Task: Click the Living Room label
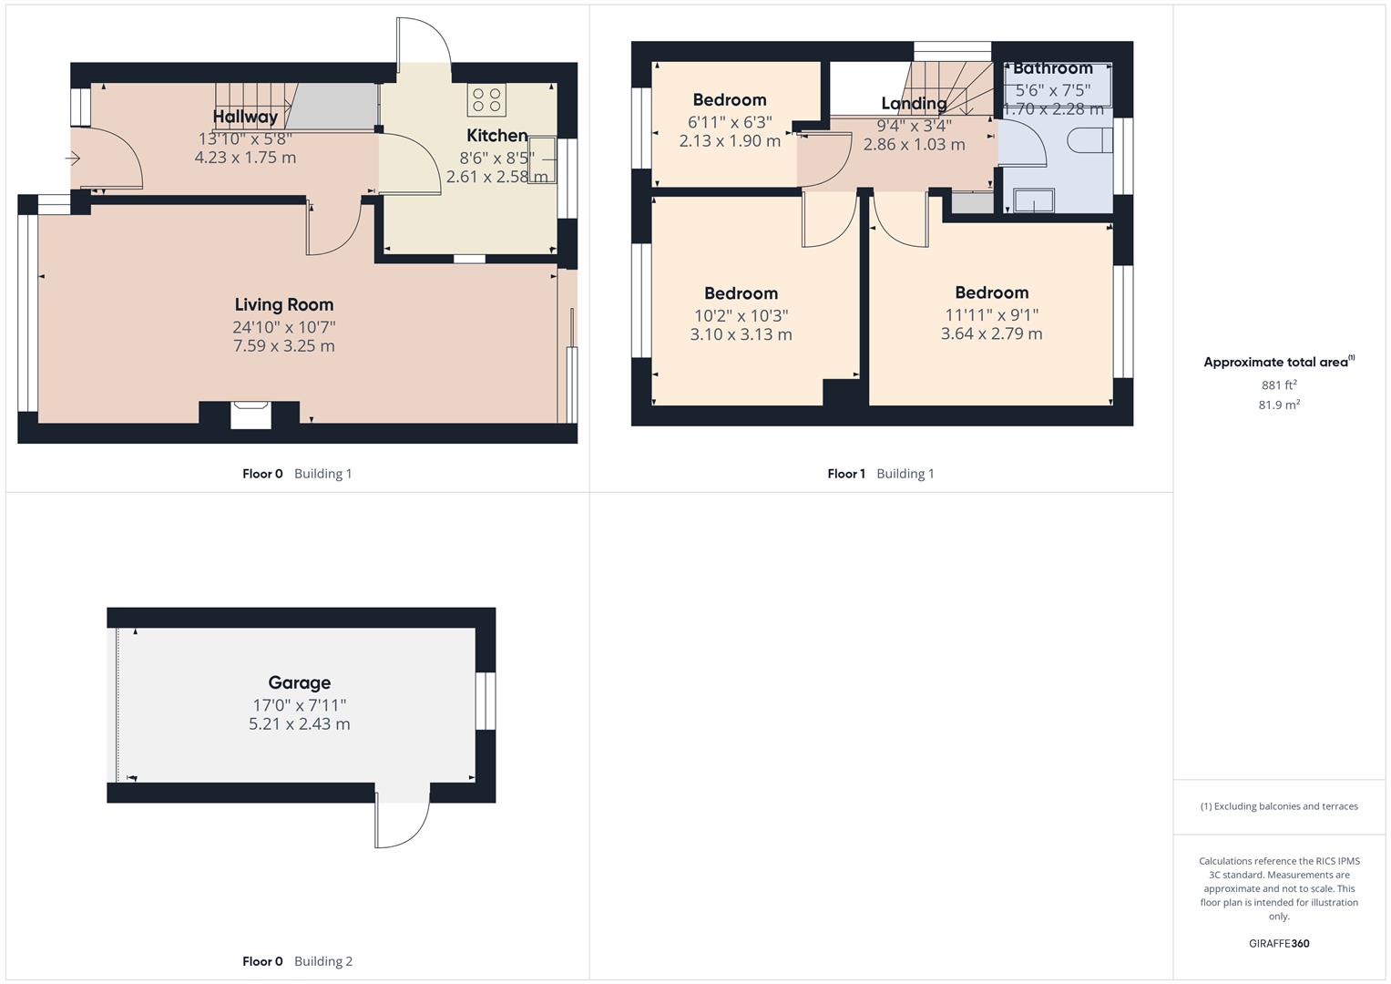pos(283,305)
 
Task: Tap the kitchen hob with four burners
pos(486,99)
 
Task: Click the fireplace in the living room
pos(249,415)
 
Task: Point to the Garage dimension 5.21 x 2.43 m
pos(299,724)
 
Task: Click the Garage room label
pos(299,682)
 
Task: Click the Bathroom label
pos(1052,68)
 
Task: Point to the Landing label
pos(914,103)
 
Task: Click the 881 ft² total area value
pos(1278,384)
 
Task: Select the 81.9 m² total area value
pos(1278,405)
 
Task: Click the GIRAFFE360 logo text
pos(1278,943)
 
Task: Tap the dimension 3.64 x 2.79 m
pos(991,333)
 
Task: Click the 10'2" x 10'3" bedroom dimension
pos(741,315)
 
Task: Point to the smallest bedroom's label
pos(729,100)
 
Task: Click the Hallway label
pos(245,117)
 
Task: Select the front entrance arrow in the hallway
pos(73,159)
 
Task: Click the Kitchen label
pos(496,136)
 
